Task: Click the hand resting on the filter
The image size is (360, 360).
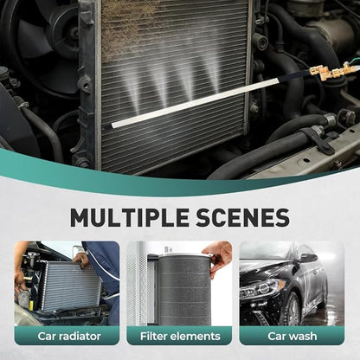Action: [219, 254]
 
